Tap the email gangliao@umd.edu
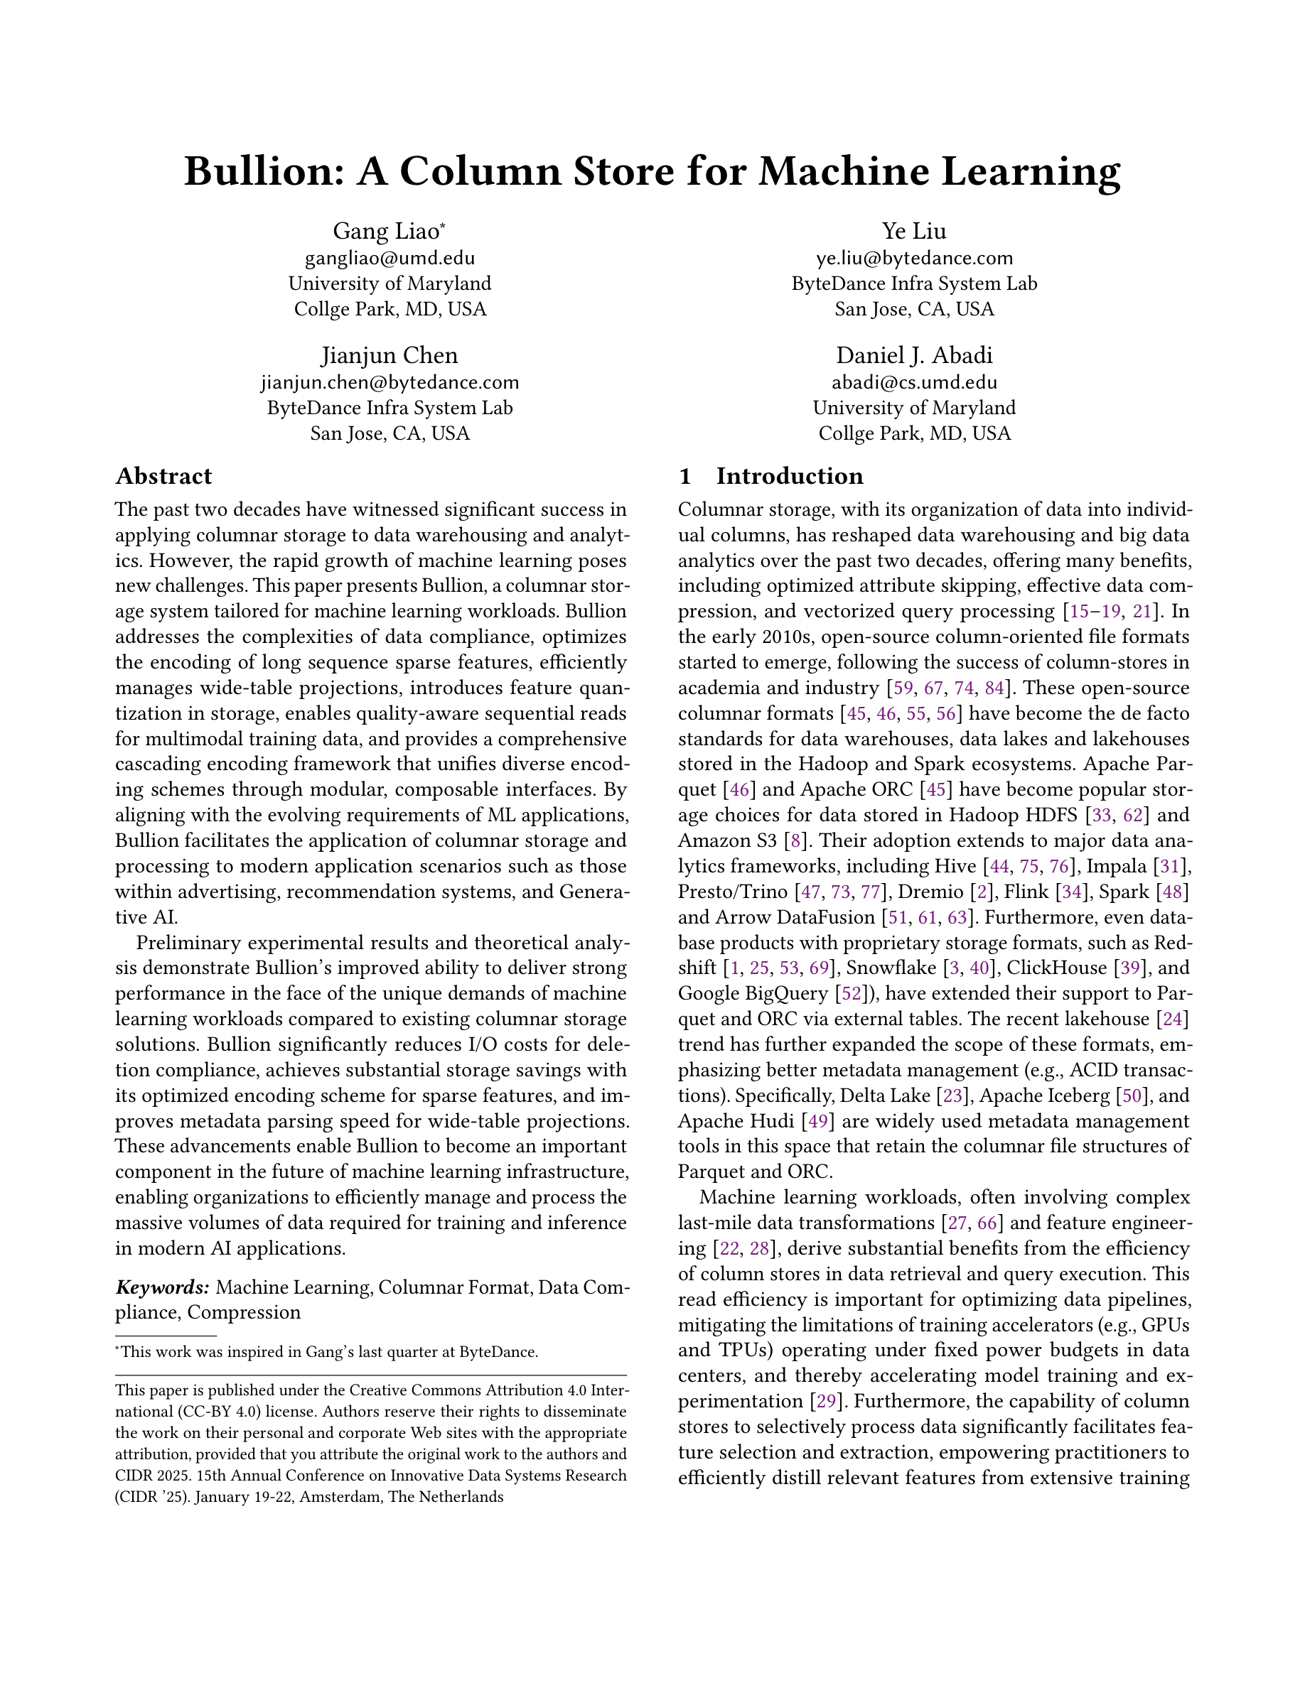click(x=390, y=257)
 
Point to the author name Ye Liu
click(x=914, y=231)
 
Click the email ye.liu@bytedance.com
click(x=914, y=257)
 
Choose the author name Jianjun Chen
click(x=390, y=355)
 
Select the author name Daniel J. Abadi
click(x=914, y=355)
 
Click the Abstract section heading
click(x=163, y=476)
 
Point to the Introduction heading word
click(x=790, y=476)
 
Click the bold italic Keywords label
click(x=162, y=1287)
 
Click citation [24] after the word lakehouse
click(x=1172, y=1019)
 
